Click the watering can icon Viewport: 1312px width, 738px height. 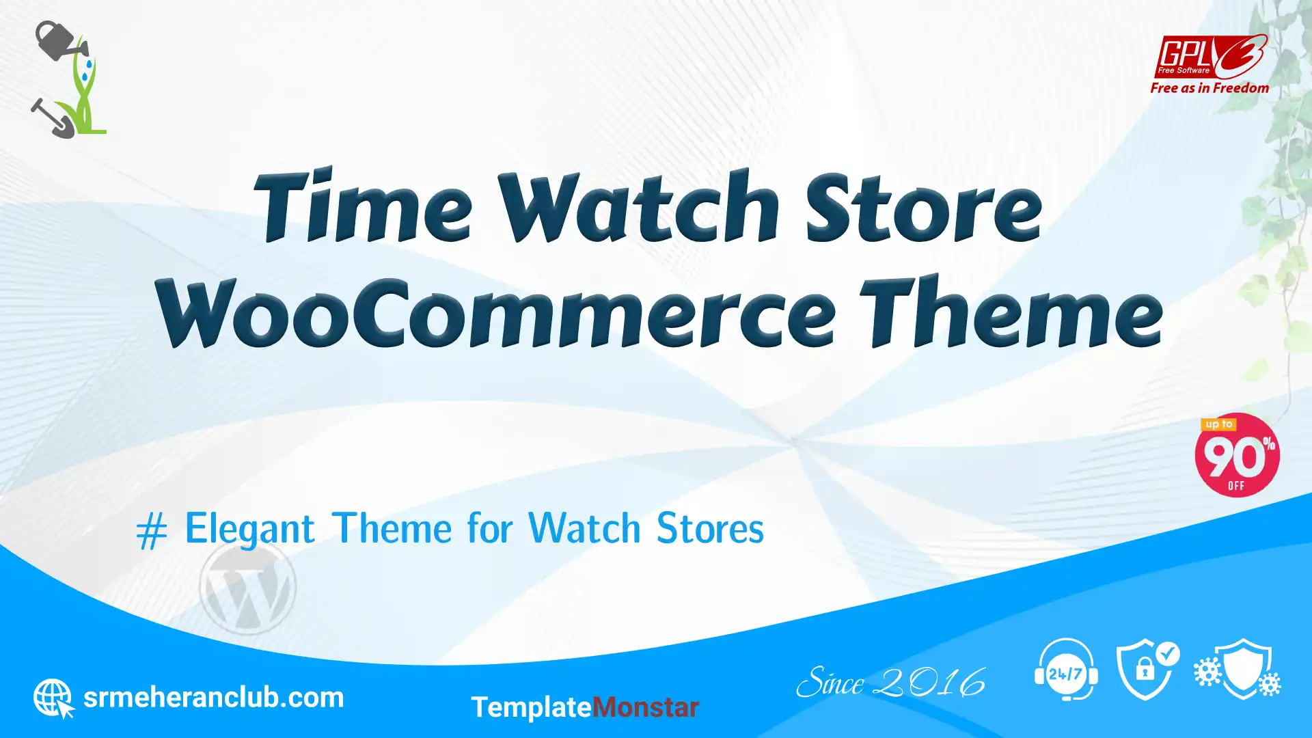pos(60,40)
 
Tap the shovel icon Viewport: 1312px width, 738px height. pos(52,118)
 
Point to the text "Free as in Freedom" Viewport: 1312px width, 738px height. pos(1209,88)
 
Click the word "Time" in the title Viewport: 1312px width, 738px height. pos(363,204)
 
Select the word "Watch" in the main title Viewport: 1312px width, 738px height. pos(639,204)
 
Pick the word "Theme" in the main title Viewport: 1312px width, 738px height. pos(1011,310)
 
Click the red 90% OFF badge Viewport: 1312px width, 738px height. pos(1237,455)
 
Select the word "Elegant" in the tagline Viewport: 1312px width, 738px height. pos(250,529)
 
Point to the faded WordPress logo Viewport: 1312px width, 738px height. pos(247,586)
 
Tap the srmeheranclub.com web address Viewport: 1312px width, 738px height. pos(213,698)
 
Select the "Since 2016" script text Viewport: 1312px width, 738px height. pos(890,683)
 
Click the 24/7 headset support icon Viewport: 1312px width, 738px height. pos(1066,670)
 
